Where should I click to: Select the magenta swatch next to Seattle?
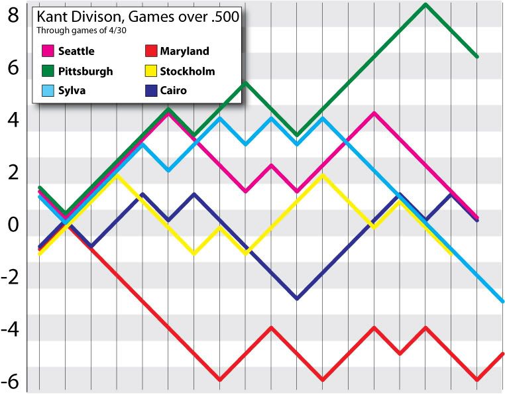48,51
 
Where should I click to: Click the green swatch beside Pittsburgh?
48,71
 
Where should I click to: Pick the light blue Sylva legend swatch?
48,91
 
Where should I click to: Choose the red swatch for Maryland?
150,51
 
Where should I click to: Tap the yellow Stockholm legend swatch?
150,71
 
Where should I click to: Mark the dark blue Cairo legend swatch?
150,91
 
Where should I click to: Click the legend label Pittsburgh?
85,71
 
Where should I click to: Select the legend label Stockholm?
188,71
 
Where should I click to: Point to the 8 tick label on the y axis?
13,15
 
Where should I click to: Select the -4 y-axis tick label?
11,329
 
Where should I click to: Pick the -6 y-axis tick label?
11,382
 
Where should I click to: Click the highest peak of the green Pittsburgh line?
425,5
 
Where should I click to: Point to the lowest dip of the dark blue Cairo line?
297,299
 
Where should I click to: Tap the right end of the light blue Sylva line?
502,302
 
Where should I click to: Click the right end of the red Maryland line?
502,354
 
